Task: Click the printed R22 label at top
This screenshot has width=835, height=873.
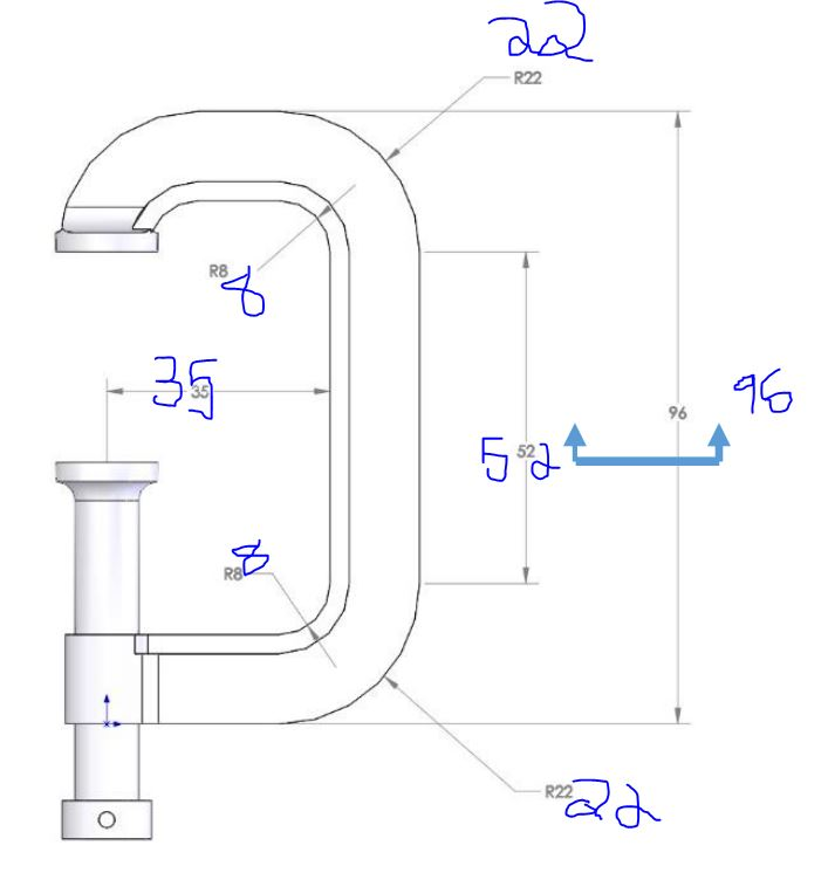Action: [528, 78]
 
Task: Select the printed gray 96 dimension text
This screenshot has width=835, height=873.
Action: [677, 413]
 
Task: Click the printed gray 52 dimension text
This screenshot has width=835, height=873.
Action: [526, 452]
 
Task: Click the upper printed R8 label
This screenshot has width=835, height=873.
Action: [219, 271]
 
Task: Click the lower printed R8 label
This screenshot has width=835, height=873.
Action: [233, 574]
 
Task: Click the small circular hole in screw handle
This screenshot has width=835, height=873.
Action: [107, 819]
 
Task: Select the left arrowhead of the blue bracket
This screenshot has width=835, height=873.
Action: [574, 436]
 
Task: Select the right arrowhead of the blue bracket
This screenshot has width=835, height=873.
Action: [718, 436]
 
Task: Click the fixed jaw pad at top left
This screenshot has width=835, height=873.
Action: [107, 242]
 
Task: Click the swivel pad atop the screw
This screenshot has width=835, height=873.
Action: [107, 471]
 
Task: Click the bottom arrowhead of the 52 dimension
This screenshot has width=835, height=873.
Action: [526, 574]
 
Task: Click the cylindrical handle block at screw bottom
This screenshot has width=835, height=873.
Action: [107, 820]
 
